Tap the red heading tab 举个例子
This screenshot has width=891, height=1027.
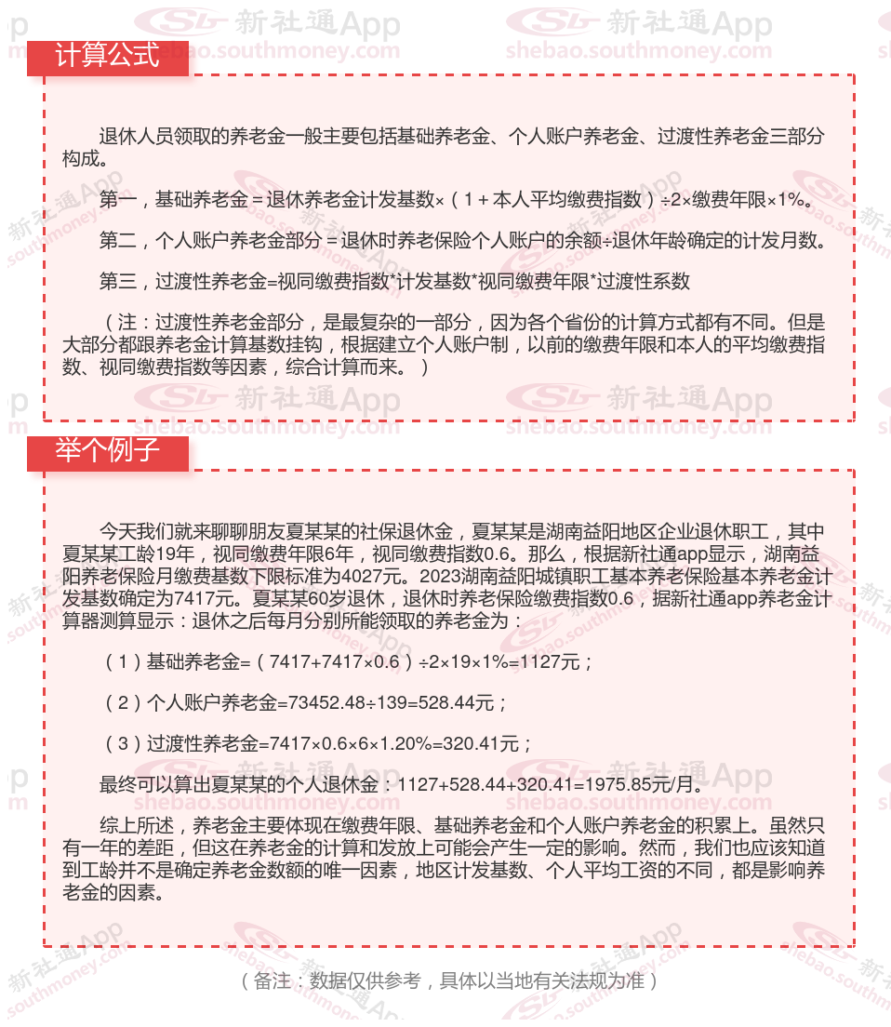(108, 451)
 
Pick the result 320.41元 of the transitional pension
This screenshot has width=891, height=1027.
(486, 744)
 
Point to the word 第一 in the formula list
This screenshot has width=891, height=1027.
(118, 199)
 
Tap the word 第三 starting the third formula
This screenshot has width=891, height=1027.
(118, 281)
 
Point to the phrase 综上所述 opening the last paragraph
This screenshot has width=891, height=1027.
(137, 826)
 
